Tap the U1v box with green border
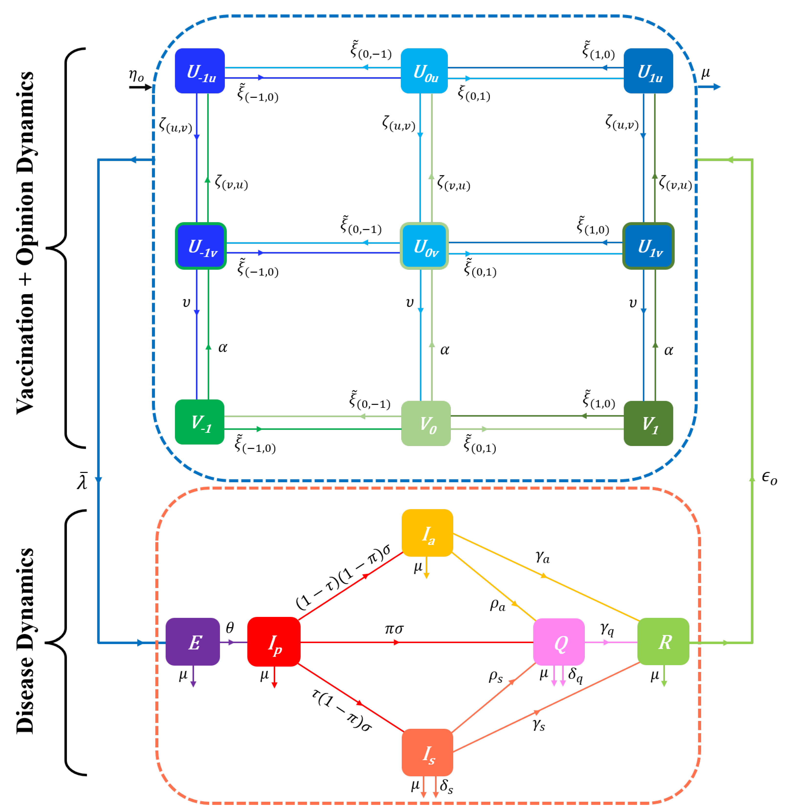pos(648,246)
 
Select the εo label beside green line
pos(769,479)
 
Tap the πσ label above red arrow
pos(394,629)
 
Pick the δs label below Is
pos(446,786)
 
